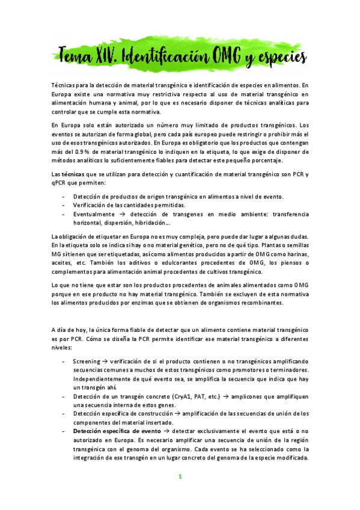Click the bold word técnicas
(x=73, y=174)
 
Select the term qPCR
(x=61, y=182)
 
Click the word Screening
(x=87, y=361)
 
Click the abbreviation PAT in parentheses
(x=201, y=397)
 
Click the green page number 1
(x=179, y=477)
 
